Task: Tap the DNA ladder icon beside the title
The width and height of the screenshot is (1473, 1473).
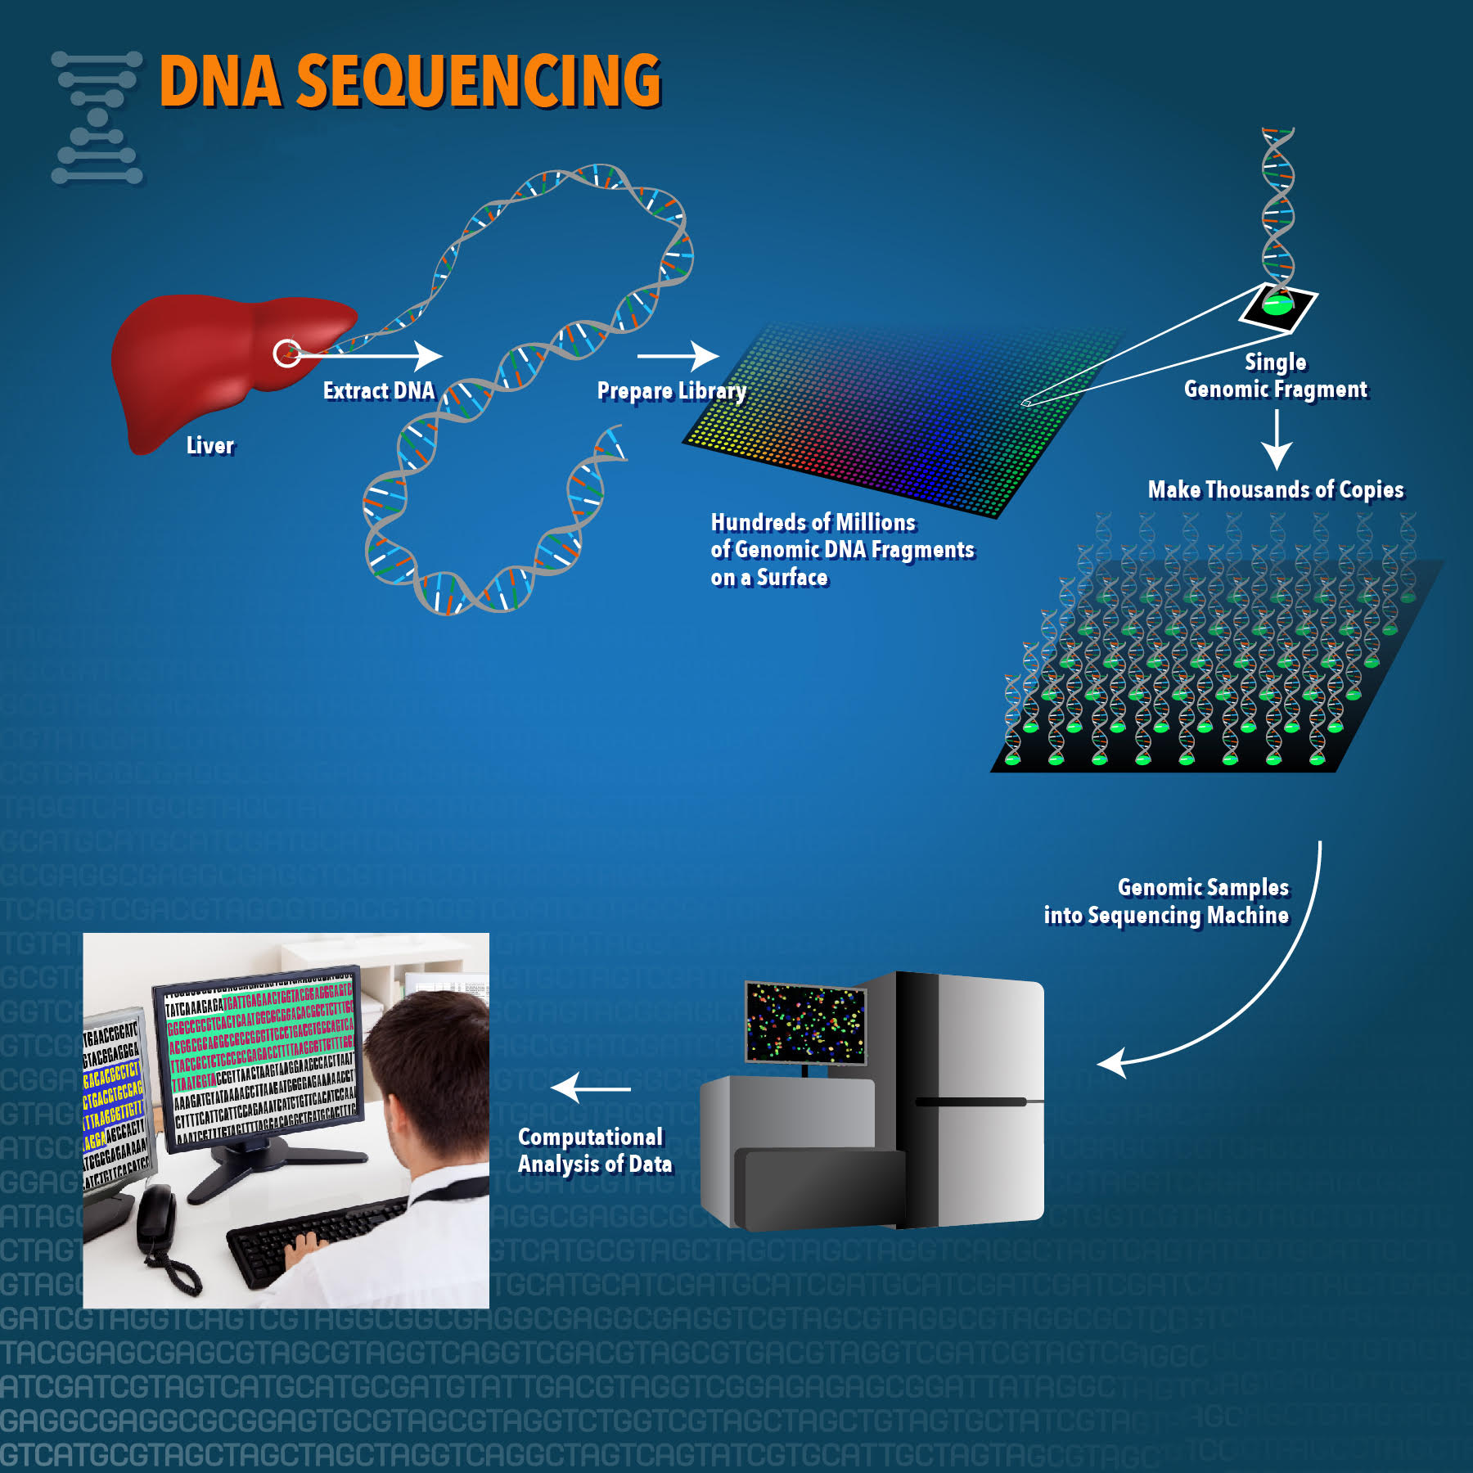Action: [97, 117]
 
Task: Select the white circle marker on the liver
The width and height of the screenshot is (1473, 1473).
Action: [286, 354]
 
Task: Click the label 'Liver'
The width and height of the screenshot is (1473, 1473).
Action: [209, 445]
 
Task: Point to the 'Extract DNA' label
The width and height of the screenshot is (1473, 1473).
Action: [378, 390]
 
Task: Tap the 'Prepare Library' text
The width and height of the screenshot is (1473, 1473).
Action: [671, 391]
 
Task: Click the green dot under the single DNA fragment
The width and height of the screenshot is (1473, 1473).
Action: [1277, 306]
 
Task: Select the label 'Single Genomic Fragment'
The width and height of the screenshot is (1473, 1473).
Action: [1275, 376]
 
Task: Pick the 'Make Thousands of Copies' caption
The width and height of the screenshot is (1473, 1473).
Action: [1275, 489]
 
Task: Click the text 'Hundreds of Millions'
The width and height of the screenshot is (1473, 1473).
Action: [813, 522]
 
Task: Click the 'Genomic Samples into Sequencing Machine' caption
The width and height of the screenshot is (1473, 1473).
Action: [1166, 901]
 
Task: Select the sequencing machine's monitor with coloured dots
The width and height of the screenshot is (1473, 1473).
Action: [805, 1023]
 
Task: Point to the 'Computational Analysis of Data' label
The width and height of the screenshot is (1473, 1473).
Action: [594, 1150]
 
